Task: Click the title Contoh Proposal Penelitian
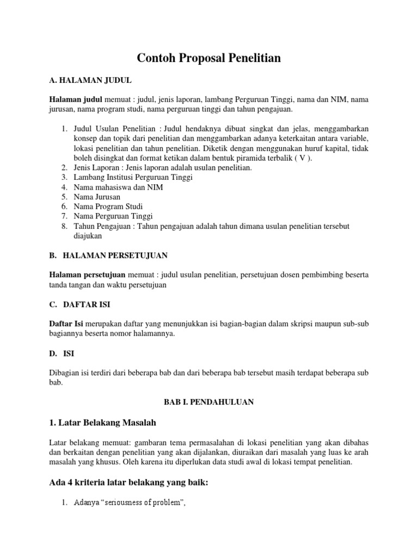[208, 58]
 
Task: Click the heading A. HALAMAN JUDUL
[90, 81]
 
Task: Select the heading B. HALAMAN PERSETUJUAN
[108, 255]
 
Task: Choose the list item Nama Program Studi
[108, 207]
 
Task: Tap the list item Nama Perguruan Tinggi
[114, 216]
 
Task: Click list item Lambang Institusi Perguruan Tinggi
[134, 177]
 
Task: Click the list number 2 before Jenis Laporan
[64, 167]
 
